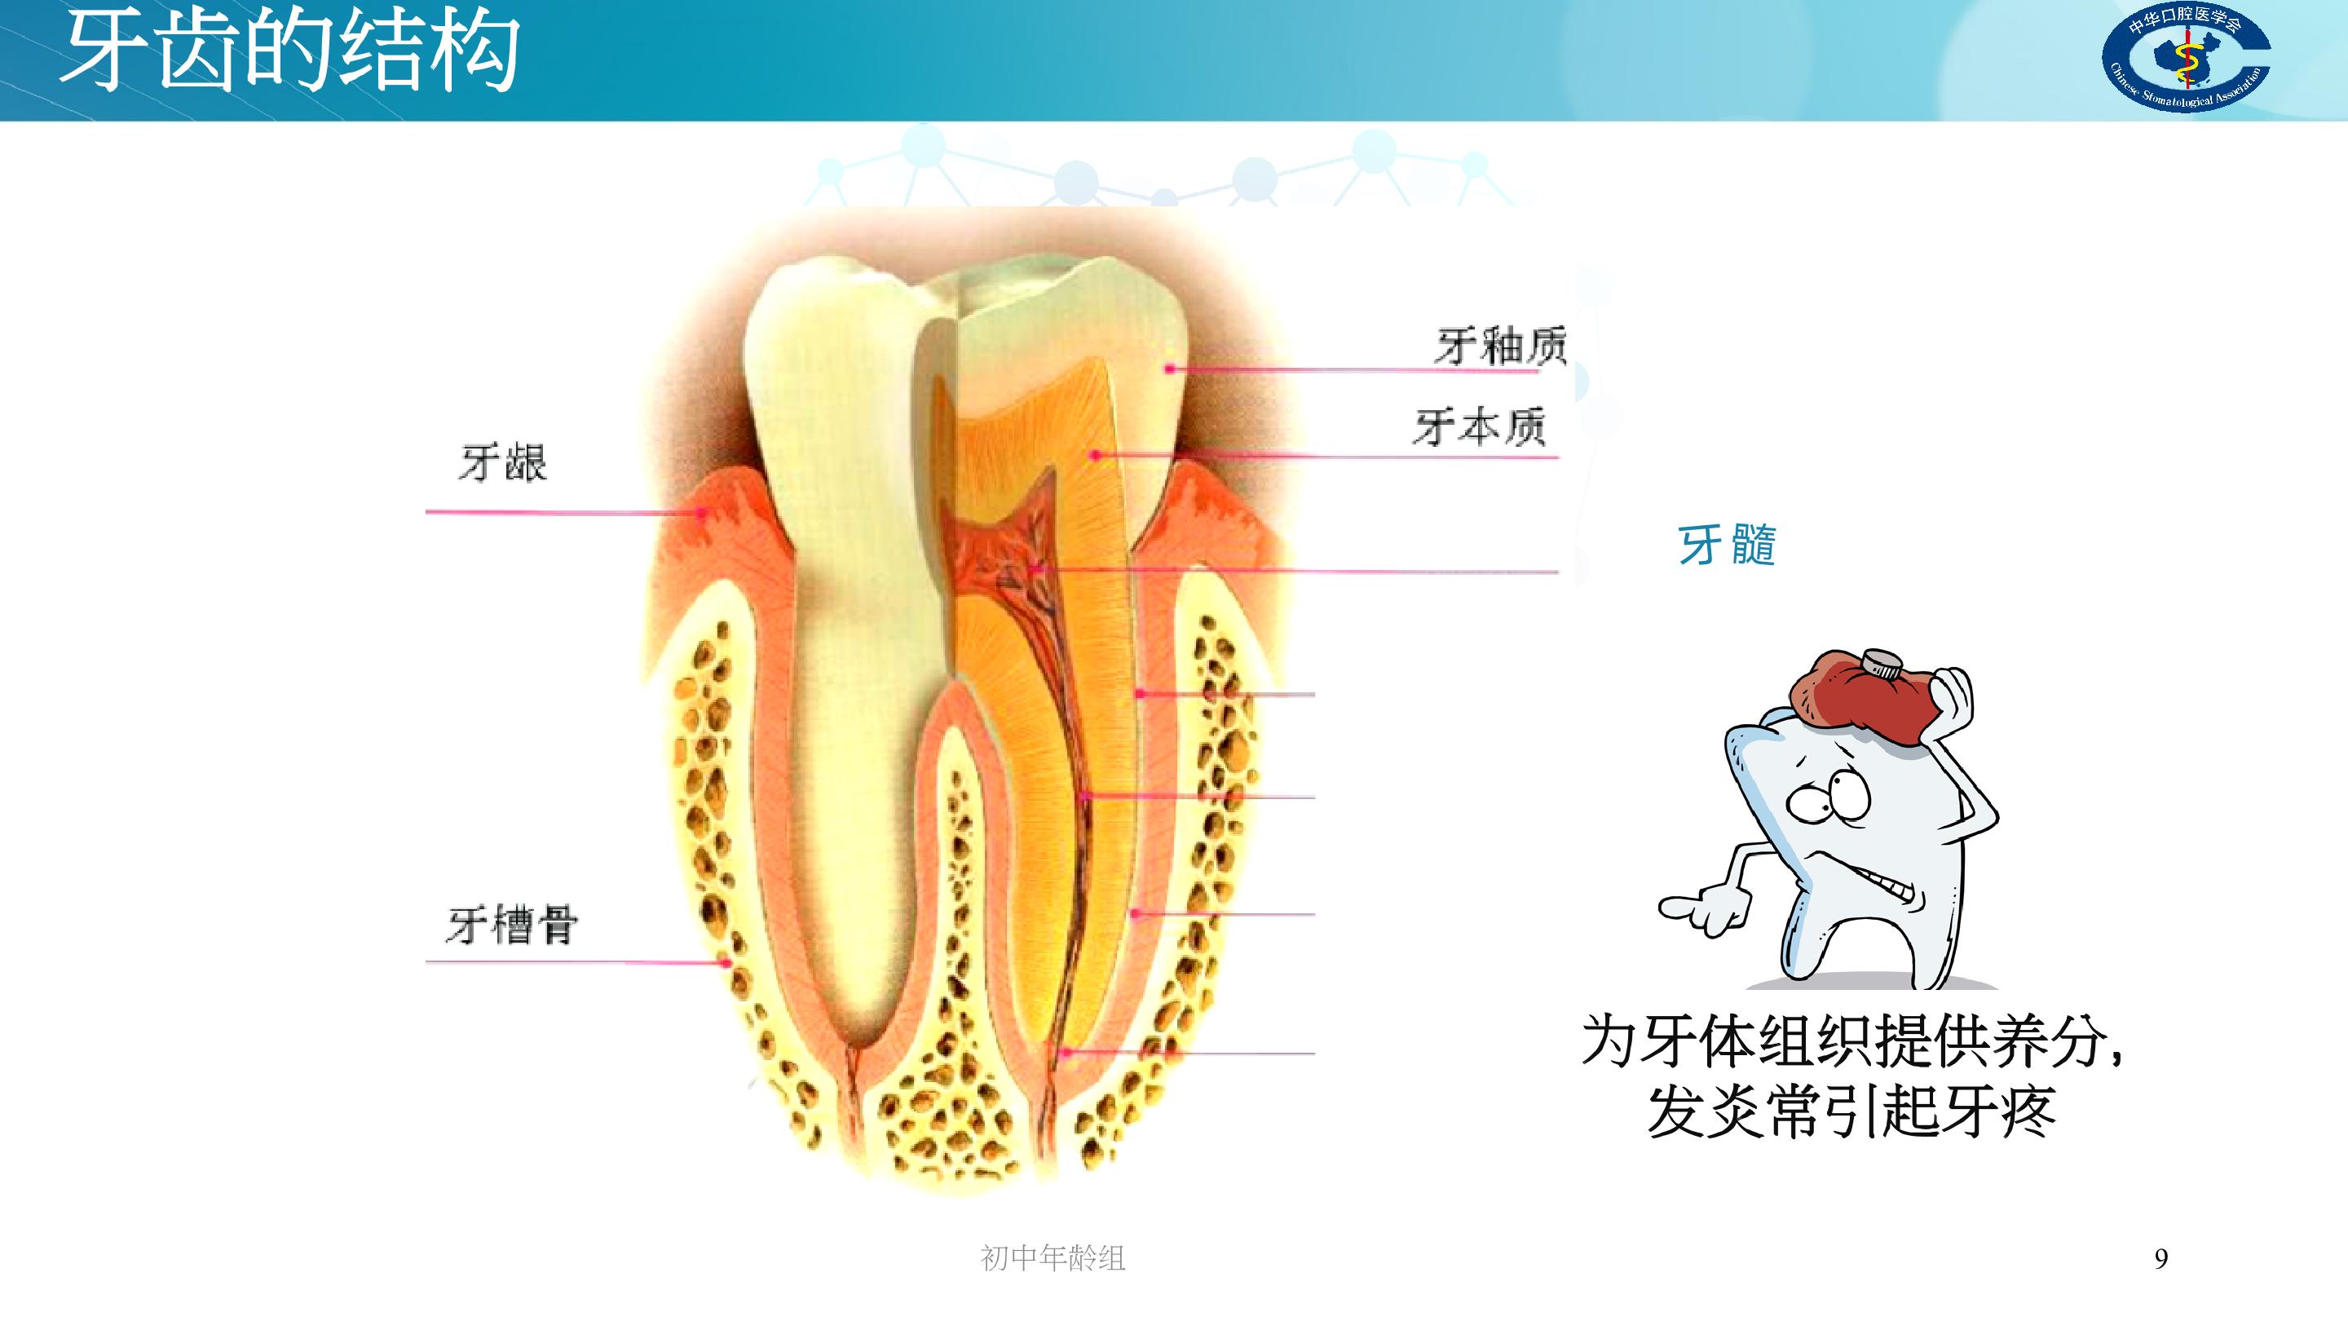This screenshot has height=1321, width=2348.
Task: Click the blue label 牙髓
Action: (x=1728, y=546)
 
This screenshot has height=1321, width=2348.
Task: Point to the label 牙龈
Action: (x=503, y=462)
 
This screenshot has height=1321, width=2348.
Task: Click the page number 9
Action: (x=2161, y=1259)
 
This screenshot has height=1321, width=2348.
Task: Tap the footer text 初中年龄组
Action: (x=1053, y=1258)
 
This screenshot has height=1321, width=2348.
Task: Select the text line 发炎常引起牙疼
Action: (x=1851, y=1111)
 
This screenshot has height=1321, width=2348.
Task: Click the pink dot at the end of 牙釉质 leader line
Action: (x=1169, y=369)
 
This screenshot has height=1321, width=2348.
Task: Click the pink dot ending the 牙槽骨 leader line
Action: (x=726, y=963)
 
